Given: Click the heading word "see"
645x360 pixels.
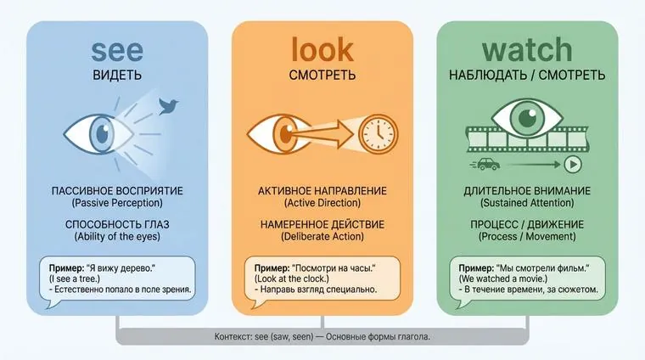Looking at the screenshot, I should [117, 50].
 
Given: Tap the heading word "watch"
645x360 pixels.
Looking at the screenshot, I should [527, 50].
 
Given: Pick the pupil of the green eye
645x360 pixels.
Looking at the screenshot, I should [527, 118].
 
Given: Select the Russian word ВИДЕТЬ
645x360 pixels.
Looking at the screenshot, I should [117, 76].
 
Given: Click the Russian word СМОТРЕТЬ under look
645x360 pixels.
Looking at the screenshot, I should [322, 76].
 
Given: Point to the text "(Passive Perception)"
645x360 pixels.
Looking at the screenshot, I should [117, 204].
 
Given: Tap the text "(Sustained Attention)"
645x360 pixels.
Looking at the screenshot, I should [527, 204].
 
